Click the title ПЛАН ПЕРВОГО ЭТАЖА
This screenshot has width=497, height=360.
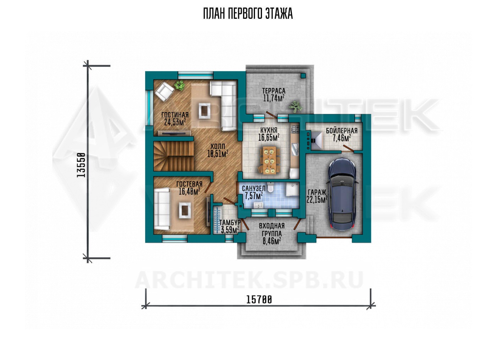[x=248, y=14]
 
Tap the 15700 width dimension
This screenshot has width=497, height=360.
[x=259, y=300]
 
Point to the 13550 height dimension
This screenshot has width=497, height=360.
[x=81, y=165]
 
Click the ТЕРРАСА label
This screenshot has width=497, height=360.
[x=274, y=91]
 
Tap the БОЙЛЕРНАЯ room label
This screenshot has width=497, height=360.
[x=342, y=131]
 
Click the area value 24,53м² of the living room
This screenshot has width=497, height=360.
[x=175, y=122]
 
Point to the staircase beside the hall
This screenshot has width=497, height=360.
[x=174, y=156]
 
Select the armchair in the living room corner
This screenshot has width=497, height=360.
[x=164, y=92]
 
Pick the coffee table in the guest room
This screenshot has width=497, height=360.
[x=185, y=210]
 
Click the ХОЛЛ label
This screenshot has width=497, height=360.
[x=218, y=146]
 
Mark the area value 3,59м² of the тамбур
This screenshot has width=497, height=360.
[x=230, y=230]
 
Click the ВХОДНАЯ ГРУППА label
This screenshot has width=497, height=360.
[x=272, y=230]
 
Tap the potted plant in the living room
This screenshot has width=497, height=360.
[x=179, y=85]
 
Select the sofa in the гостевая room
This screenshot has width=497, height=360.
[x=162, y=209]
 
